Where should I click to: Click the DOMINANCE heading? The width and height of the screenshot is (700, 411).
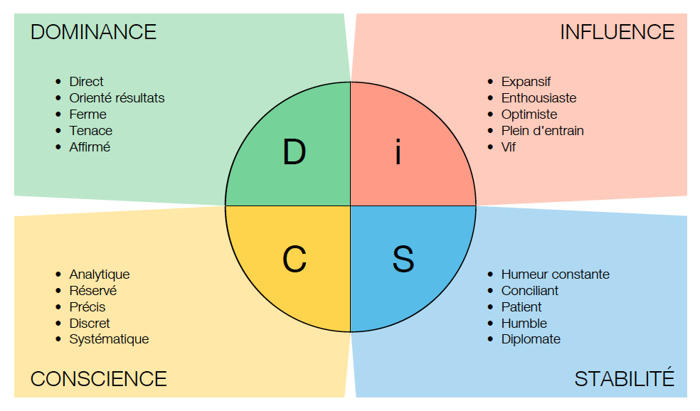(93, 32)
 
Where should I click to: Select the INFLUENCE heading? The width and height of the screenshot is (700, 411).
(617, 32)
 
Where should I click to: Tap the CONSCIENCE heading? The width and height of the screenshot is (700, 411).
(98, 378)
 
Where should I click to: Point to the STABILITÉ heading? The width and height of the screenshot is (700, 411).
(624, 378)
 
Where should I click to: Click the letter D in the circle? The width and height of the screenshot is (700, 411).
(294, 152)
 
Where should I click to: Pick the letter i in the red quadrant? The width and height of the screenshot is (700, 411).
(398, 152)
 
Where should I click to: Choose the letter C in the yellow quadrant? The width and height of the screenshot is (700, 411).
(294, 259)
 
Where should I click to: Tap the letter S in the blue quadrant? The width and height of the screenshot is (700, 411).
(403, 259)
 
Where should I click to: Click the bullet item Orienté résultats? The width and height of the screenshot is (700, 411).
(117, 98)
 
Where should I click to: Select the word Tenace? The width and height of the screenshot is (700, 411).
(90, 131)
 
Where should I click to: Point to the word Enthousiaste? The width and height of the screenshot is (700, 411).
(539, 98)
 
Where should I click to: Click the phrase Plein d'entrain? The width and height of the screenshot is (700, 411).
(542, 131)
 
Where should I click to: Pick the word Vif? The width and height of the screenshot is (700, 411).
(509, 147)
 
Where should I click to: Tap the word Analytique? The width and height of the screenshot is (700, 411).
(100, 274)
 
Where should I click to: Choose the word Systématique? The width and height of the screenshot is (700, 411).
(109, 339)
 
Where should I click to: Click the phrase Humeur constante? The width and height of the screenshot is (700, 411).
(555, 274)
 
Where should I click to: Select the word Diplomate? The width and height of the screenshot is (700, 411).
(531, 339)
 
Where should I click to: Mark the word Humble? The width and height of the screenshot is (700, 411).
(524, 323)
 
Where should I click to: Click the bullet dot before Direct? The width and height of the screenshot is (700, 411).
(58, 82)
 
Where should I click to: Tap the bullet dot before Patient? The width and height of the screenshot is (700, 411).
(490, 307)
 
